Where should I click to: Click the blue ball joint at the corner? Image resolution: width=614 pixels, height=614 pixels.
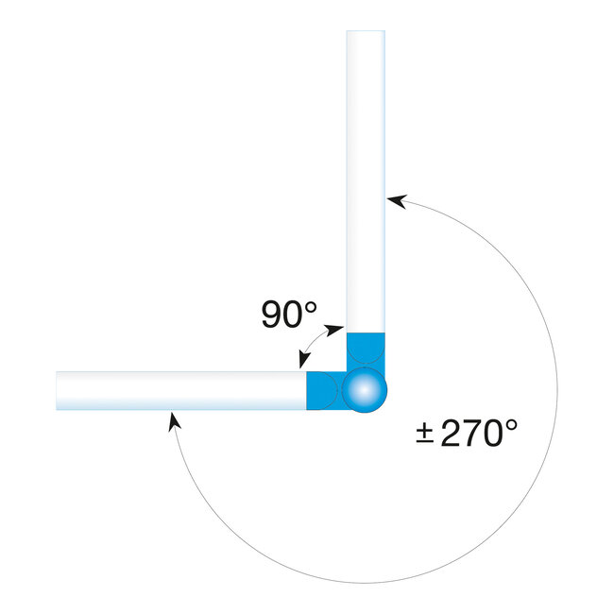tap(365, 389)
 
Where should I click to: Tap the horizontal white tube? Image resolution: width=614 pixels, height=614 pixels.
tap(179, 389)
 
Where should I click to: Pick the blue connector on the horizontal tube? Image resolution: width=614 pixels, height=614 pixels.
tap(323, 389)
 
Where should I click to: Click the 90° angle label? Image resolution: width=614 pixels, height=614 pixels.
tap(289, 315)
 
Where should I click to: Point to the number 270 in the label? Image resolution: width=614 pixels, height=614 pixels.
tap(473, 434)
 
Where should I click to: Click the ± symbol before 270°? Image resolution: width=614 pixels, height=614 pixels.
tap(425, 435)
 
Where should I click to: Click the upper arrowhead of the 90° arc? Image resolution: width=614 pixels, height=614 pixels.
tap(336, 327)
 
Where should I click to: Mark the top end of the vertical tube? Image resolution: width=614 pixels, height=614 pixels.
tap(366, 33)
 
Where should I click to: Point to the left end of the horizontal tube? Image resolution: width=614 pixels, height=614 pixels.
tap(59, 389)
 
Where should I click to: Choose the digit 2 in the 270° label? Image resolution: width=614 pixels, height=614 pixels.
tap(452, 434)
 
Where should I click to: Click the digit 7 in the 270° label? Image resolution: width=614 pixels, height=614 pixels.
tap(473, 434)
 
